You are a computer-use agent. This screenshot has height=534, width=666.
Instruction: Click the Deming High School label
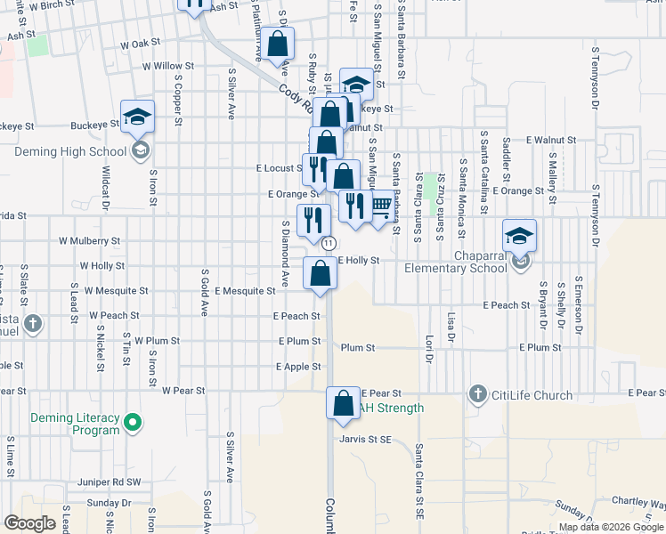[x=70, y=151]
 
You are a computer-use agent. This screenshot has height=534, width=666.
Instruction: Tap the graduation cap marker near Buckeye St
[x=138, y=117]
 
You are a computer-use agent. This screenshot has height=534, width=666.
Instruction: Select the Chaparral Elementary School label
[x=456, y=268]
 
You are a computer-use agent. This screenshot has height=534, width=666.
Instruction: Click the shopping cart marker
[x=381, y=206]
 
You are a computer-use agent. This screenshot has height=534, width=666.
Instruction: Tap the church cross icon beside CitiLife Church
[x=477, y=393]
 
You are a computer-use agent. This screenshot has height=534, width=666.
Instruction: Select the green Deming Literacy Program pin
[x=134, y=422]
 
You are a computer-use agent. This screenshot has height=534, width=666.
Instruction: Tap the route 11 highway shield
[x=329, y=243]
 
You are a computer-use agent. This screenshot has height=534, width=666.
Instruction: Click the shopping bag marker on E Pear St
[x=343, y=404]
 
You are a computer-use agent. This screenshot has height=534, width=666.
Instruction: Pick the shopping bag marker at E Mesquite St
[x=320, y=273]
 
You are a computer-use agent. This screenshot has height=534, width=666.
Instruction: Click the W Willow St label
[x=168, y=66]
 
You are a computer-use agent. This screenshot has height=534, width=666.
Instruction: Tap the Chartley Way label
[x=639, y=503]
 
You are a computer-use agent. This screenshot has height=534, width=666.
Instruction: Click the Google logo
[x=29, y=523]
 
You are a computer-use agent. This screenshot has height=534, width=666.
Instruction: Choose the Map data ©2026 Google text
[x=611, y=527]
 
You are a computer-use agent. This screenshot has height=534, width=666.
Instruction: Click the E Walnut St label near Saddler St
[x=552, y=141]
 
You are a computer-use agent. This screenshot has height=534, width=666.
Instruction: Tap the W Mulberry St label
[x=89, y=240]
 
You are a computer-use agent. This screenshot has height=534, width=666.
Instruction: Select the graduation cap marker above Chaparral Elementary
[x=519, y=236]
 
